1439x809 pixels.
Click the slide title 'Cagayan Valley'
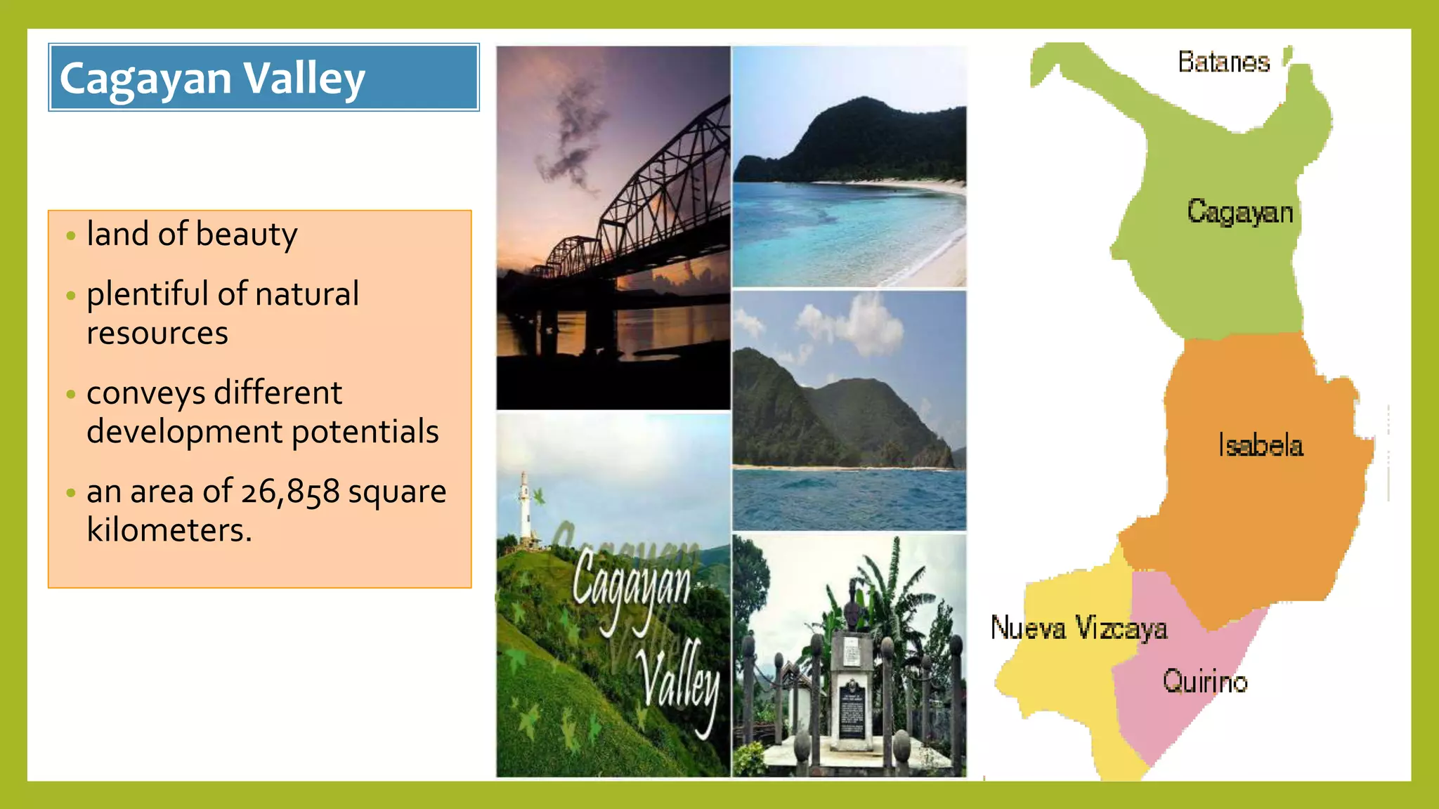tap(212, 78)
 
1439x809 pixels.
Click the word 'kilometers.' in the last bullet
tap(169, 530)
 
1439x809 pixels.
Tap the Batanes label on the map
tap(1223, 63)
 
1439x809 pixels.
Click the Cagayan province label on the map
tap(1240, 212)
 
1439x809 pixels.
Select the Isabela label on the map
tap(1261, 446)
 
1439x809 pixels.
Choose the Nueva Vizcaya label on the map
tap(1079, 628)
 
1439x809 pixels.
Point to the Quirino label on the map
tap(1205, 682)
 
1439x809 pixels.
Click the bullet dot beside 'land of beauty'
tap(70, 236)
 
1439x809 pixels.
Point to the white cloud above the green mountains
tap(854, 323)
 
